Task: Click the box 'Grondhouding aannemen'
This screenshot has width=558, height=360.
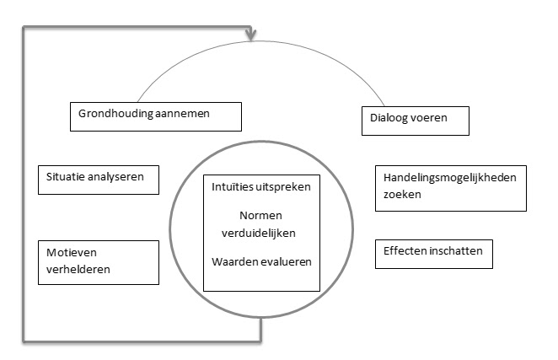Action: pos(154,116)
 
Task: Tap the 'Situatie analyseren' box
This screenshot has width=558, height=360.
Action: pos(97,178)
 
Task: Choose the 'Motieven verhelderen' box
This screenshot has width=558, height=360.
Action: pos(98,261)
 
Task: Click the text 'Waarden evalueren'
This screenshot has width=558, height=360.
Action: pos(261,261)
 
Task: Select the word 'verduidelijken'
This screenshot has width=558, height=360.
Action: pos(261,230)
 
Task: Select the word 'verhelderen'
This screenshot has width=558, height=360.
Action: pos(78,270)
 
